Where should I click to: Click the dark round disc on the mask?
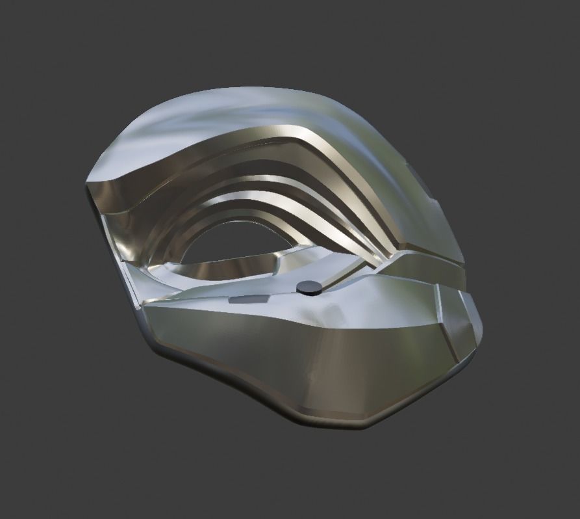[310, 286]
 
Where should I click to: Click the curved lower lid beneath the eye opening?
[227, 268]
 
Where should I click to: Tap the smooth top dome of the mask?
[260, 107]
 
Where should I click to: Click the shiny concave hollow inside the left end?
[120, 228]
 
